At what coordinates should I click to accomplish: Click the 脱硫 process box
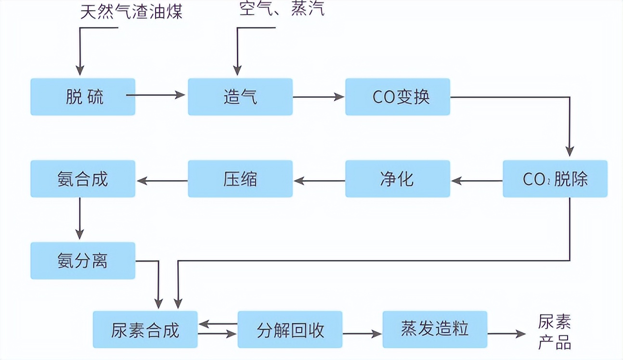coord(83,97)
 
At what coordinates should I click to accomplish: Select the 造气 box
coord(240,97)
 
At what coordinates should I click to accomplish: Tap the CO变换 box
coord(398,97)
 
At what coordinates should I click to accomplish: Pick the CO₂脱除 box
coord(555,179)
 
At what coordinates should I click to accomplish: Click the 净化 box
coord(398,179)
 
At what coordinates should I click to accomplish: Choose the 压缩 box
coord(240,179)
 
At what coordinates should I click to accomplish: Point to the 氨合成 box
coord(83,179)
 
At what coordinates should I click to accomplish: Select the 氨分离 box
coord(83,261)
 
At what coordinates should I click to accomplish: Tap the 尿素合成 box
coord(145,330)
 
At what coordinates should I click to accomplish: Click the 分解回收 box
coord(290,330)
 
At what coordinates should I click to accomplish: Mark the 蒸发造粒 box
coord(435,330)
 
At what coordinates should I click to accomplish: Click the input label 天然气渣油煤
coord(131,11)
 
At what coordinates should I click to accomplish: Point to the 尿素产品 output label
coord(555,332)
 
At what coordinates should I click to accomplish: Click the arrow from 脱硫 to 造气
coord(156,95)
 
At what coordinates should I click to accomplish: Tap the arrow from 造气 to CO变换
coord(318,97)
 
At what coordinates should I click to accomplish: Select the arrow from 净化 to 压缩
coord(319,181)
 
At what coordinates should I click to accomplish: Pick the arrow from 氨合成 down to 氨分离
coord(80,219)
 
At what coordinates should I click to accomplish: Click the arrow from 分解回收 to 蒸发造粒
coord(362,333)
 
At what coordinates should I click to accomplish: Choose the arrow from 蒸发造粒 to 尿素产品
coord(506,333)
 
